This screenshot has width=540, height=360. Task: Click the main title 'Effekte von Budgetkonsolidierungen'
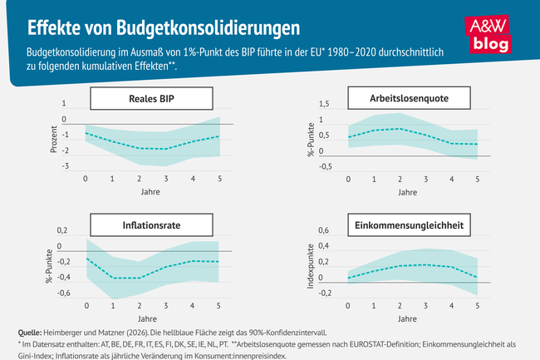pos(164,27)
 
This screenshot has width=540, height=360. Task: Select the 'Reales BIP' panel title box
pos(150,99)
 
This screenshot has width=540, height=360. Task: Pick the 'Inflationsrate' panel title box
pos(150,224)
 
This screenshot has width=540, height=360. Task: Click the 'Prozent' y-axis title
pos(54,136)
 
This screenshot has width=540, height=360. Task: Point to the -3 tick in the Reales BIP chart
pos(65,166)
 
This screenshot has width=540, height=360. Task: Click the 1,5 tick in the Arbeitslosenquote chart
pos(324,104)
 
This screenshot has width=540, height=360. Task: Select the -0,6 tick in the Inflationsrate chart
pos(62,293)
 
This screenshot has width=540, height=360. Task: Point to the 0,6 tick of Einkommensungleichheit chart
pos(324,230)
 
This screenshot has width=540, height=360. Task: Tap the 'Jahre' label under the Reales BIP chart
pos(151,193)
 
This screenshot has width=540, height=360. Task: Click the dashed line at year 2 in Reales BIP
pos(139,148)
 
